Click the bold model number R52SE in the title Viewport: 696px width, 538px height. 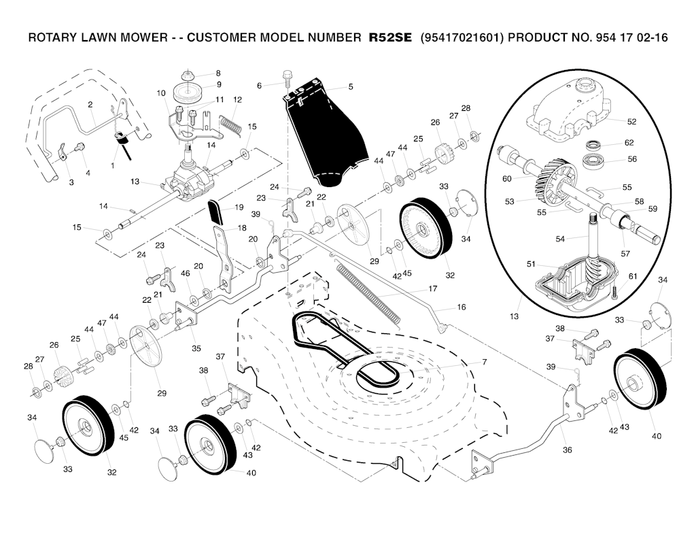(x=390, y=38)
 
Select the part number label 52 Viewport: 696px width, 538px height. (x=631, y=122)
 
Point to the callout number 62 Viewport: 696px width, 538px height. (x=629, y=143)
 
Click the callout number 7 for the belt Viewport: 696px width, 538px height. (x=484, y=362)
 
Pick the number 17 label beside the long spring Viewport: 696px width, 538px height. (x=432, y=288)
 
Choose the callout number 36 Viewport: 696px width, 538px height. (x=568, y=450)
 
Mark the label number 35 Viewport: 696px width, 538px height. (x=196, y=348)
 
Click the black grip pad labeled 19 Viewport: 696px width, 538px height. (x=215, y=212)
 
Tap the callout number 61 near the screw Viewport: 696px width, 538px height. (x=633, y=276)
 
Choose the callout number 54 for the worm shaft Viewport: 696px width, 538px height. (x=560, y=239)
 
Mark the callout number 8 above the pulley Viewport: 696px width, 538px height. (x=218, y=73)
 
